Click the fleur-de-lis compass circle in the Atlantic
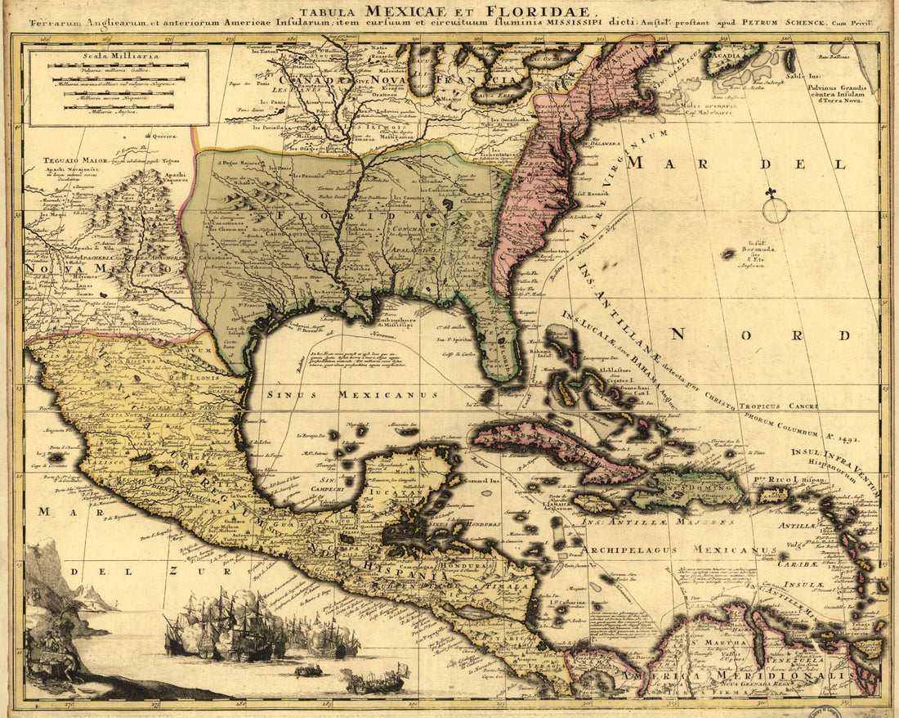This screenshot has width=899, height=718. click(x=775, y=209)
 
